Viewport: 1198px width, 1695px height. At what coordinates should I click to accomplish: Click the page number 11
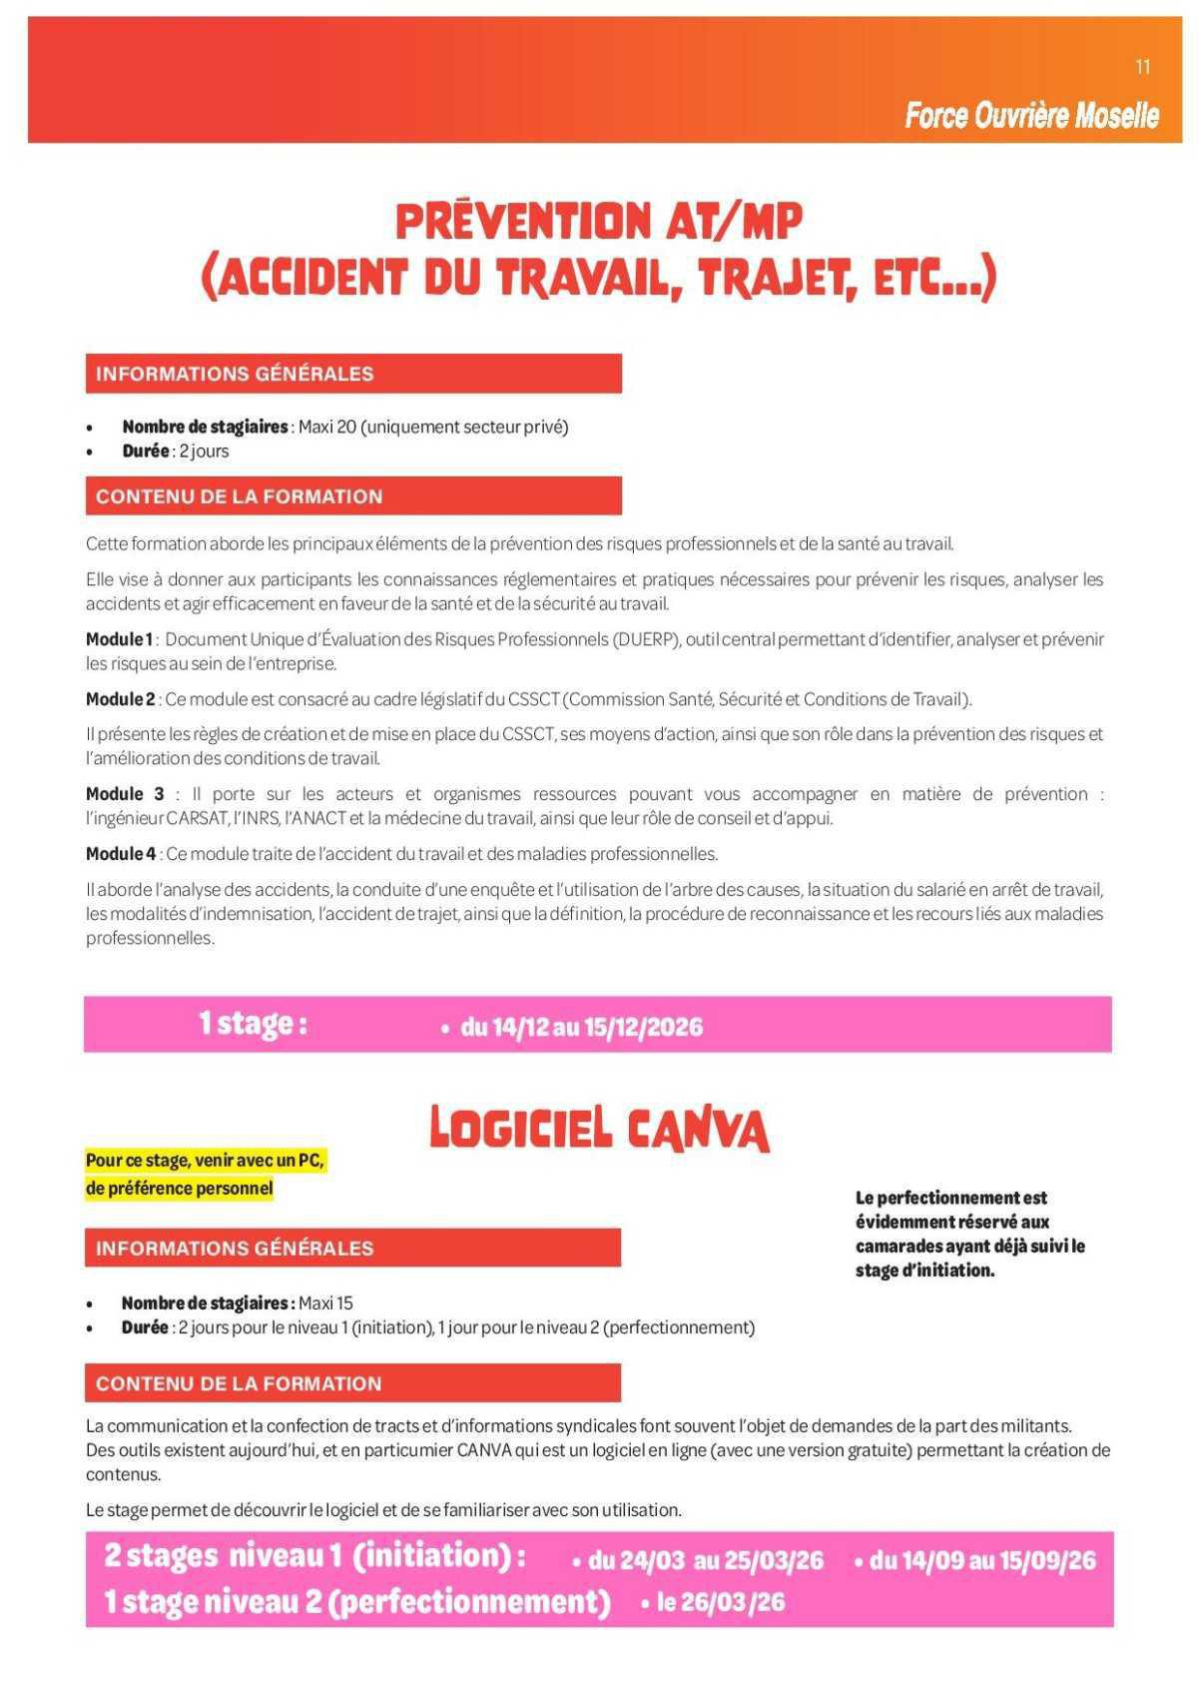point(1143,67)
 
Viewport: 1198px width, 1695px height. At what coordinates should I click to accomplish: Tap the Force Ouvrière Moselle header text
point(1031,116)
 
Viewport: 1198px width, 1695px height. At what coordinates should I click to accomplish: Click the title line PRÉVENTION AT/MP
point(599,222)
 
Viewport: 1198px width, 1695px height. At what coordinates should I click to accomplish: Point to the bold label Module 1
point(119,639)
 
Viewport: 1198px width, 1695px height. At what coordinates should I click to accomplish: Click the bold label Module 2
point(120,699)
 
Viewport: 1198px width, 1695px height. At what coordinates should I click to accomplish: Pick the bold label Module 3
point(125,794)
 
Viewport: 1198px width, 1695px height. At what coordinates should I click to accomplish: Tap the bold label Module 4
point(120,854)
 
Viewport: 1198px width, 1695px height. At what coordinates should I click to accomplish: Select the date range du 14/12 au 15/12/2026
point(581,1027)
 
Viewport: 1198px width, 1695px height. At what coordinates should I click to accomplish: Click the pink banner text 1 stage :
point(253,1024)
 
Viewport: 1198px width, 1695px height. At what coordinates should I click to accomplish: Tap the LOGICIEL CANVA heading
point(599,1130)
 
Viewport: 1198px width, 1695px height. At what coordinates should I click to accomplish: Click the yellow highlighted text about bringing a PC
point(205,1175)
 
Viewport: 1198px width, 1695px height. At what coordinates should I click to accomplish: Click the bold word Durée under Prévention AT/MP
point(146,451)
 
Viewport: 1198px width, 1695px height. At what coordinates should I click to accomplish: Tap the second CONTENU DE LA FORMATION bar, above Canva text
point(352,1383)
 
